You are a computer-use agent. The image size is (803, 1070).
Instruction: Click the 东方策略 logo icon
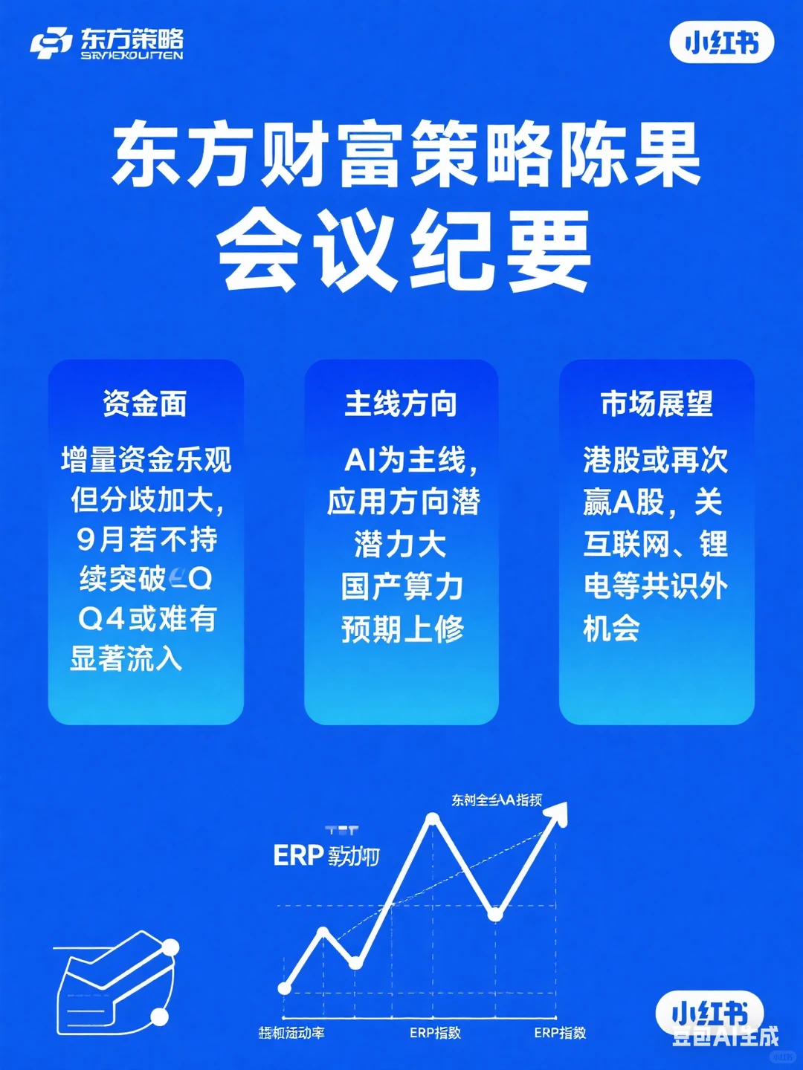click(51, 43)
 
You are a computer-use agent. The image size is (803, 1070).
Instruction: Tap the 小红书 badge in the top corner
click(722, 43)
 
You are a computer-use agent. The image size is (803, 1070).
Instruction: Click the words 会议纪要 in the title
click(404, 250)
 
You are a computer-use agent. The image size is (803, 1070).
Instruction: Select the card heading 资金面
click(145, 403)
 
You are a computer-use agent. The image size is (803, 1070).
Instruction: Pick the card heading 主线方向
click(401, 403)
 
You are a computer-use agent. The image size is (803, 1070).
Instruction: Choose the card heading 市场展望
click(657, 403)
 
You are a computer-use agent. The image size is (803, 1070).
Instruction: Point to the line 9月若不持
click(146, 539)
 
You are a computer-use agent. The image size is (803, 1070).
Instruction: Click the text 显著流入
click(126, 658)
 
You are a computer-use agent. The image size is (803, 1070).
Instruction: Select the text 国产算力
click(402, 586)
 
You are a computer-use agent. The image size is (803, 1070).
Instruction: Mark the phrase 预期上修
click(402, 629)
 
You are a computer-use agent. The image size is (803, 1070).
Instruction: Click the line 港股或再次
click(655, 460)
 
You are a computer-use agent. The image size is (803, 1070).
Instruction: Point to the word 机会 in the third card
click(611, 629)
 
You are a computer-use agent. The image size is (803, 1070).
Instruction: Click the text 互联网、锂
click(655, 544)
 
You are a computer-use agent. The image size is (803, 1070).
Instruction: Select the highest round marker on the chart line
click(433, 820)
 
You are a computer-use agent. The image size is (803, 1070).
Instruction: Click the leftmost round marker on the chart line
click(284, 988)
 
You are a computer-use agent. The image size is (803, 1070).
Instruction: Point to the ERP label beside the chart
click(297, 856)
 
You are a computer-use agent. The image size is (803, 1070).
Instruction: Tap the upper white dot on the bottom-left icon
click(170, 948)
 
